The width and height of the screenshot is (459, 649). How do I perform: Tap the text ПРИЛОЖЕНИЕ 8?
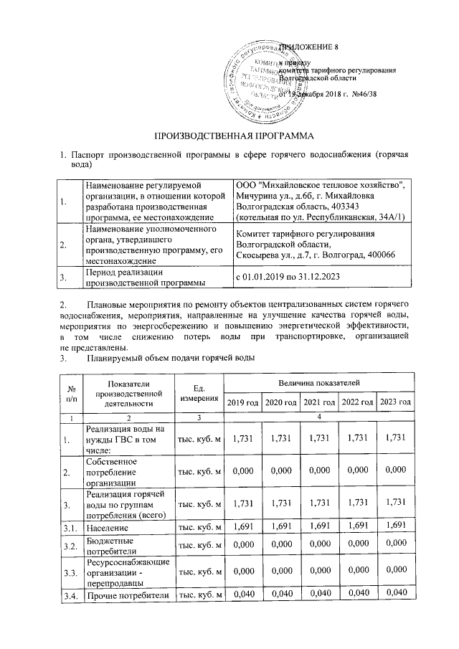coord(308,47)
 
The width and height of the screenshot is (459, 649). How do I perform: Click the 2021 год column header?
coord(318,402)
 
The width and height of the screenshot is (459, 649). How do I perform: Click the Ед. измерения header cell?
coord(199,393)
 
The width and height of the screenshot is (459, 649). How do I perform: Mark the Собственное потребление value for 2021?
coord(318,471)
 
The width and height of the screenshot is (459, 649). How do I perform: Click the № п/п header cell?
coord(70,393)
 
